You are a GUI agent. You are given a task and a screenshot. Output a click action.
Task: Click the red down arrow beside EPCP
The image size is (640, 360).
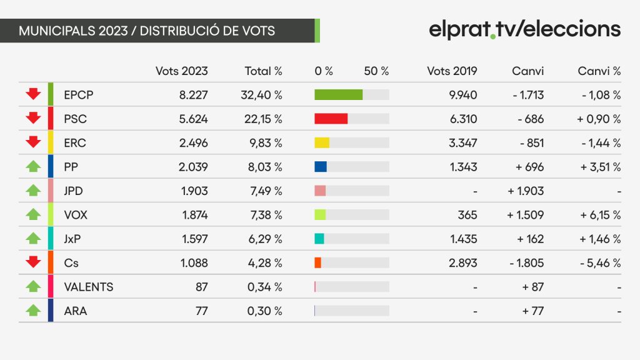[33, 94]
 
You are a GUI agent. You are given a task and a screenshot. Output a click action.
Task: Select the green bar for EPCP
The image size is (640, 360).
[338, 95]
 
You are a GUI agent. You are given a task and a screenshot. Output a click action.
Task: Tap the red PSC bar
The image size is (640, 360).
[331, 119]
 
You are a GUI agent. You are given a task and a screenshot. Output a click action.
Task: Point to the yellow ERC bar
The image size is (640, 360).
[322, 143]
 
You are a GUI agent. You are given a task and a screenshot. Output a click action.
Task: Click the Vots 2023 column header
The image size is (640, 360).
[182, 71]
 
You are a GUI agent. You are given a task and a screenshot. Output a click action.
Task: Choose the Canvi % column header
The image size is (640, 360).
[599, 71]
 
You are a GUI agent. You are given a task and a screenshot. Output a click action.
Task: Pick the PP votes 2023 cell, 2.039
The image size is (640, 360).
[193, 167]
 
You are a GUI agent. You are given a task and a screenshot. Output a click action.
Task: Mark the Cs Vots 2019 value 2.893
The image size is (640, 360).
[463, 263]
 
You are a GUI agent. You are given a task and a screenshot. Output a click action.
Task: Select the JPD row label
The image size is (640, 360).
[74, 191]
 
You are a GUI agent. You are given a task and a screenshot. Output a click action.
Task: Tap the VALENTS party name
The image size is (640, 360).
[89, 287]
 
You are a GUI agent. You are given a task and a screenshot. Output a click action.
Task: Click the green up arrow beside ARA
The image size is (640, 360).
[33, 311]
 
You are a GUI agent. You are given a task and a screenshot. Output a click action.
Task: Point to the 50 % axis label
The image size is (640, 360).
[376, 71]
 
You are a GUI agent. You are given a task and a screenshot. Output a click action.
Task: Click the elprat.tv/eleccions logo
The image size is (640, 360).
[524, 29]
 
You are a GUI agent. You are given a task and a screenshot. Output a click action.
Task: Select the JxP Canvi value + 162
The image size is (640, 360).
[530, 239]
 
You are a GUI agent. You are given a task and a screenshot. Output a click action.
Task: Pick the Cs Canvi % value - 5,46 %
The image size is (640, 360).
[601, 263]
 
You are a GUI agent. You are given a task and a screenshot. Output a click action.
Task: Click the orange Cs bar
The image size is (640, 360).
[317, 263]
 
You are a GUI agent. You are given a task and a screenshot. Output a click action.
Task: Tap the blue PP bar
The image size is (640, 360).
[321, 167]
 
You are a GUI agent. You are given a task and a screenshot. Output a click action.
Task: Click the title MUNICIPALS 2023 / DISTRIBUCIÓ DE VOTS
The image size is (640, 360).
[147, 31]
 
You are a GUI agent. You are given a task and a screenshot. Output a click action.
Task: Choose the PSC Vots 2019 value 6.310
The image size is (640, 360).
[463, 119]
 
